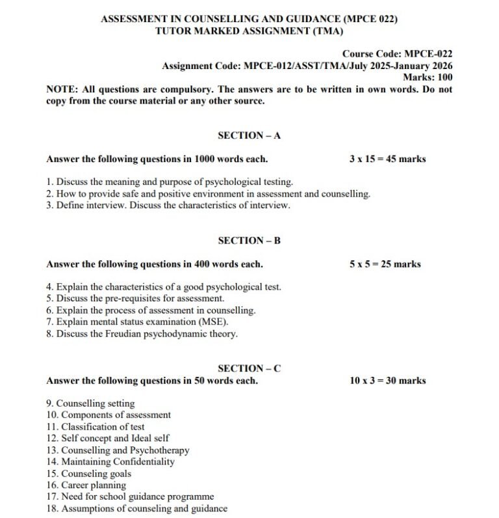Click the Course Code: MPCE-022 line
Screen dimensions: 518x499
click(x=397, y=54)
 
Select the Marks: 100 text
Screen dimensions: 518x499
click(x=428, y=77)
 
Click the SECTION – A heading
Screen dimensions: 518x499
click(x=249, y=135)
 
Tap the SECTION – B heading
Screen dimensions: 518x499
click(x=249, y=241)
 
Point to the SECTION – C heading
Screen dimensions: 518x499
click(x=249, y=368)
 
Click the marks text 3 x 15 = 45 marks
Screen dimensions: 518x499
click(x=387, y=159)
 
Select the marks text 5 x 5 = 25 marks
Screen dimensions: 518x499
click(x=385, y=264)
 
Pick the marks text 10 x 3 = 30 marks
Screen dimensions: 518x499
click(x=387, y=381)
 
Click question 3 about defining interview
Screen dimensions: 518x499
click(x=168, y=206)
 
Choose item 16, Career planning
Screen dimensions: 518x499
click(x=86, y=485)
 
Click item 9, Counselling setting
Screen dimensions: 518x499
click(x=90, y=403)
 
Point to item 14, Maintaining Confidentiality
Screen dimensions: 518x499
click(x=110, y=462)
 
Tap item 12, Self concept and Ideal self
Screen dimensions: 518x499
click(x=107, y=439)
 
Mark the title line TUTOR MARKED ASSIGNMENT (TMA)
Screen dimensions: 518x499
click(x=249, y=31)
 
